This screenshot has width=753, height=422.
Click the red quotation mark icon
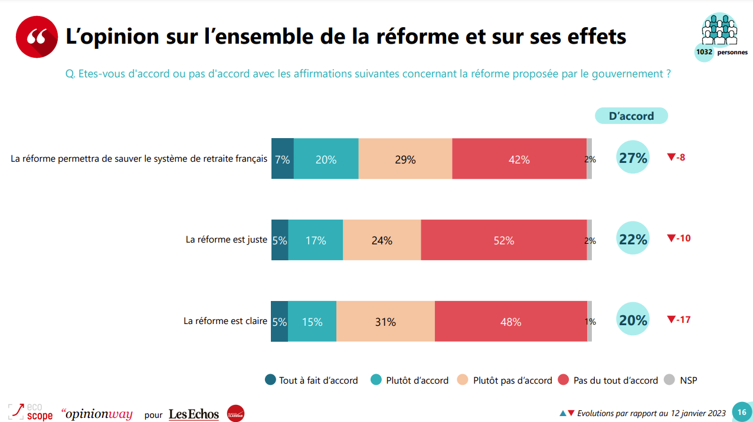coord(37,37)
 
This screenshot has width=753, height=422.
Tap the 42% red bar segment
coord(519,159)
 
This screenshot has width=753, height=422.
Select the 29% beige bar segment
coord(405,159)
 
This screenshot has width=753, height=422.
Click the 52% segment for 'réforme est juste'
coord(503,240)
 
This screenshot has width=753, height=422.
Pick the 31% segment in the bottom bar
coord(385,322)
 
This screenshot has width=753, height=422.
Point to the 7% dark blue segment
coord(282,159)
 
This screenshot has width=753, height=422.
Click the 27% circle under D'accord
coord(633,158)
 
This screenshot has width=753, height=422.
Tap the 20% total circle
coord(633,320)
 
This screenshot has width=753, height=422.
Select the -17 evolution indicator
coord(679,319)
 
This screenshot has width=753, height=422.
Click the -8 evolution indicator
coord(676,157)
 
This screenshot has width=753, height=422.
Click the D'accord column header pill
coord(631,116)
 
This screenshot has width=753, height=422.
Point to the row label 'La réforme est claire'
coord(225,321)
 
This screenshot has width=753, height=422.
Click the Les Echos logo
coord(194,414)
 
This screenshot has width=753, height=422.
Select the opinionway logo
coord(97,414)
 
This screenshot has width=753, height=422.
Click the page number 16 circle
coord(742,412)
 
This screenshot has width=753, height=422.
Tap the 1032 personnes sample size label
coord(721,52)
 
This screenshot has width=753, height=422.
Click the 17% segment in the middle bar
coord(315,240)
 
